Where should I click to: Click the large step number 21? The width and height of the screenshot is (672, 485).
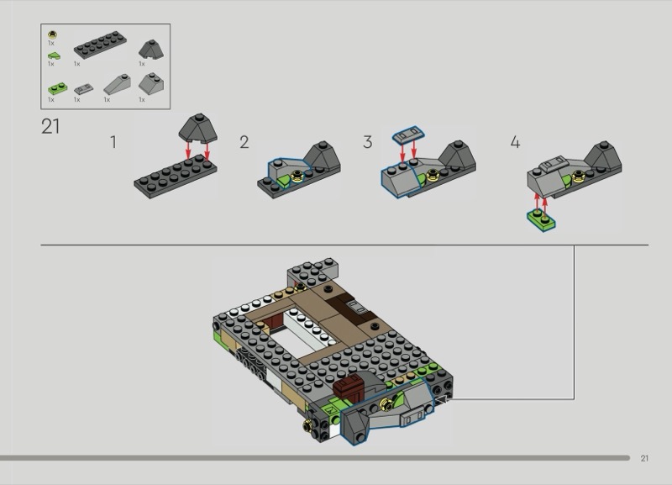pyautogui.click(x=50, y=126)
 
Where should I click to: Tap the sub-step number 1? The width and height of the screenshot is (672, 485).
pyautogui.click(x=113, y=142)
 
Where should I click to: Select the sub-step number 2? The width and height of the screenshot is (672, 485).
pyautogui.click(x=244, y=142)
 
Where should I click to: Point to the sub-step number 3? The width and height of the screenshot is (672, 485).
pyautogui.click(x=367, y=142)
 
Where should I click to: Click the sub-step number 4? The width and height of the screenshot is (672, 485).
pyautogui.click(x=515, y=142)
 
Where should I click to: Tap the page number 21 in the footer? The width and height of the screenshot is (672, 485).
pyautogui.click(x=644, y=458)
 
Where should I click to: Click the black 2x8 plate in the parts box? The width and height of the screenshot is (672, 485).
pyautogui.click(x=100, y=45)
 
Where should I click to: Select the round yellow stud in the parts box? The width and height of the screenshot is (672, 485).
pyautogui.click(x=52, y=34)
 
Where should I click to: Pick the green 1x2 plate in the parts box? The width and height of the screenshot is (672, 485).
pyautogui.click(x=57, y=89)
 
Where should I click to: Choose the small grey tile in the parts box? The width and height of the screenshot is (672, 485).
pyautogui.click(x=83, y=89)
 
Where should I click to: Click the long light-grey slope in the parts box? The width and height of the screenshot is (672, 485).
pyautogui.click(x=117, y=84)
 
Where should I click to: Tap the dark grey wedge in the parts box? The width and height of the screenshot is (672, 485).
pyautogui.click(x=151, y=50)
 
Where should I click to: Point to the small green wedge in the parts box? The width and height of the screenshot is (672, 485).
pyautogui.click(x=54, y=55)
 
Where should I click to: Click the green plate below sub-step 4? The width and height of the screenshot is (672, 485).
pyautogui.click(x=541, y=220)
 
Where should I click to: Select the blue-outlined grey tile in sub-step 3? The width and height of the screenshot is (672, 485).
pyautogui.click(x=408, y=134)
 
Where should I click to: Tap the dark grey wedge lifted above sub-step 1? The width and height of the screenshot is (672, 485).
pyautogui.click(x=197, y=129)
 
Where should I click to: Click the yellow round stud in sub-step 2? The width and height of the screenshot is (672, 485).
pyautogui.click(x=297, y=176)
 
